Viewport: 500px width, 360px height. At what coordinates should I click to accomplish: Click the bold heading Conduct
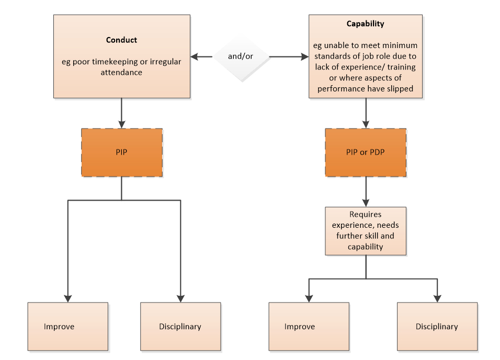click(x=121, y=40)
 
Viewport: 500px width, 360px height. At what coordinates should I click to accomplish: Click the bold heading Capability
click(x=365, y=24)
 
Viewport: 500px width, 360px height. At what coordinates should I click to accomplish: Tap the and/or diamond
click(x=241, y=56)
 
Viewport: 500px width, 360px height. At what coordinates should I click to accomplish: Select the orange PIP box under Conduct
click(x=121, y=152)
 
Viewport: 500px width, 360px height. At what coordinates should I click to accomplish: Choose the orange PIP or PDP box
click(x=365, y=152)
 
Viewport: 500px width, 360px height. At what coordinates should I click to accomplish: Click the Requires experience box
click(x=365, y=230)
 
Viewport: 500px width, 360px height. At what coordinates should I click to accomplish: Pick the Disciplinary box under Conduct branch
click(x=180, y=326)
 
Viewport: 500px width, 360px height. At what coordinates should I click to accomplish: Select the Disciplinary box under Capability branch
click(x=437, y=326)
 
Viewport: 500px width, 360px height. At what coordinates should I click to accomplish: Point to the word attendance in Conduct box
click(x=121, y=73)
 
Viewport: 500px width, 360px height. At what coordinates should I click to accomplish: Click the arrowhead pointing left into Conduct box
click(x=194, y=56)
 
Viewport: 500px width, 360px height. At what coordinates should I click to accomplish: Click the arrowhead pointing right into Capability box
click(x=305, y=56)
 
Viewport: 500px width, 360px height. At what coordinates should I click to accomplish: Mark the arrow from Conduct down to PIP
click(x=121, y=113)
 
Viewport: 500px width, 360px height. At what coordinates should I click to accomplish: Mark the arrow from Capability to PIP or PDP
click(x=365, y=113)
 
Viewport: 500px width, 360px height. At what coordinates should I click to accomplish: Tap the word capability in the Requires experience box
click(x=365, y=247)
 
